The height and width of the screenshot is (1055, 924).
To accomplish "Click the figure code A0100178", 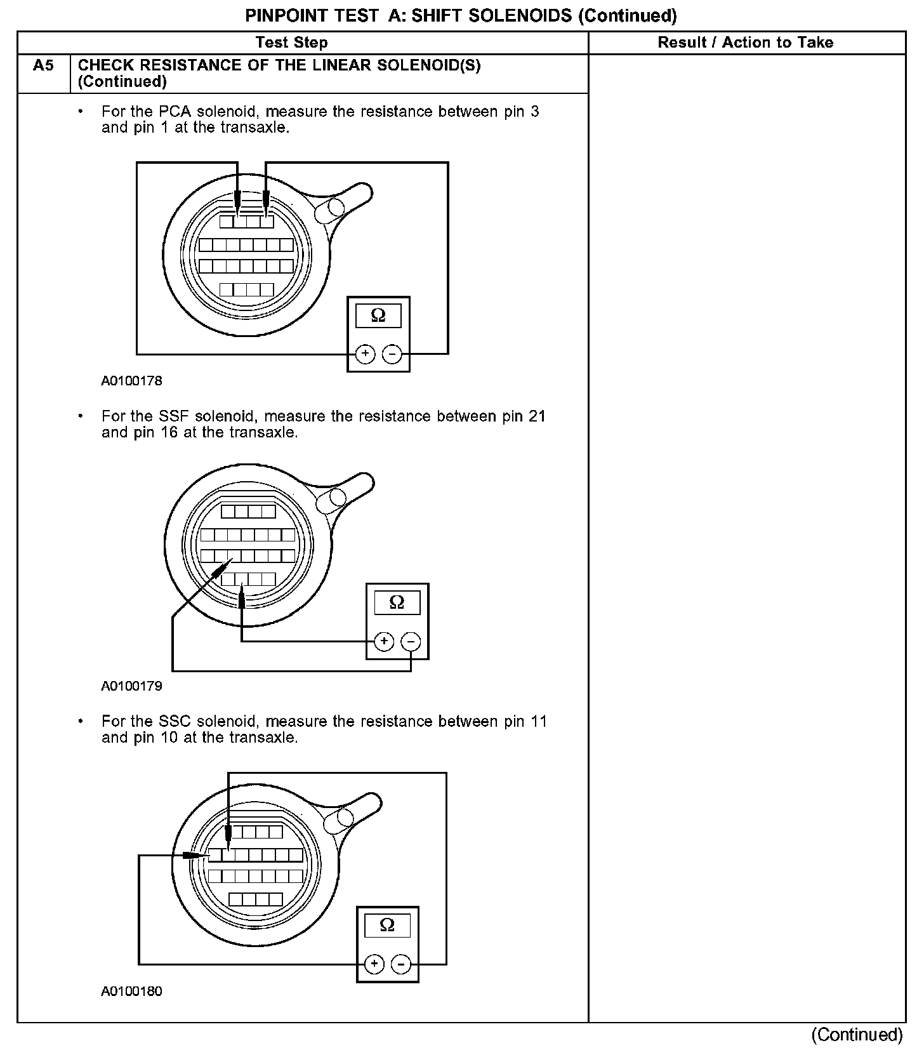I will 131,381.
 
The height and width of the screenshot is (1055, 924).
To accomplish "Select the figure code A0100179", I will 131,686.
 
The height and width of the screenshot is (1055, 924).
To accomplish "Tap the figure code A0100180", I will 131,991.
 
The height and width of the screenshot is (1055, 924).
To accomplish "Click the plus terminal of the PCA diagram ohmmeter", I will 365,354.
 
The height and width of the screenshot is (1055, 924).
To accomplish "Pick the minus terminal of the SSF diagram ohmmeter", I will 411,642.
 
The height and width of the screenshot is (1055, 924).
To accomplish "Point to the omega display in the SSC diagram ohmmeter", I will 387,925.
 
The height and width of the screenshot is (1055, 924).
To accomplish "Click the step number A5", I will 43,65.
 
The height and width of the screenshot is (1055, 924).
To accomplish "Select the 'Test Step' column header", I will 292,43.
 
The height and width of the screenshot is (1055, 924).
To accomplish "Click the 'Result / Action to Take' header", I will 746,43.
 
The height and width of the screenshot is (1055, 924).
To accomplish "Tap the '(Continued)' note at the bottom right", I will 856,1035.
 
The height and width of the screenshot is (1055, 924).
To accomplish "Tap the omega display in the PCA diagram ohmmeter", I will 378,315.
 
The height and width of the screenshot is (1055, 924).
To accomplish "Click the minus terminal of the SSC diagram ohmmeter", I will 401,965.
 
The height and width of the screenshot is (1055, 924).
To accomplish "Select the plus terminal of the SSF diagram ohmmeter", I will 384,642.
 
